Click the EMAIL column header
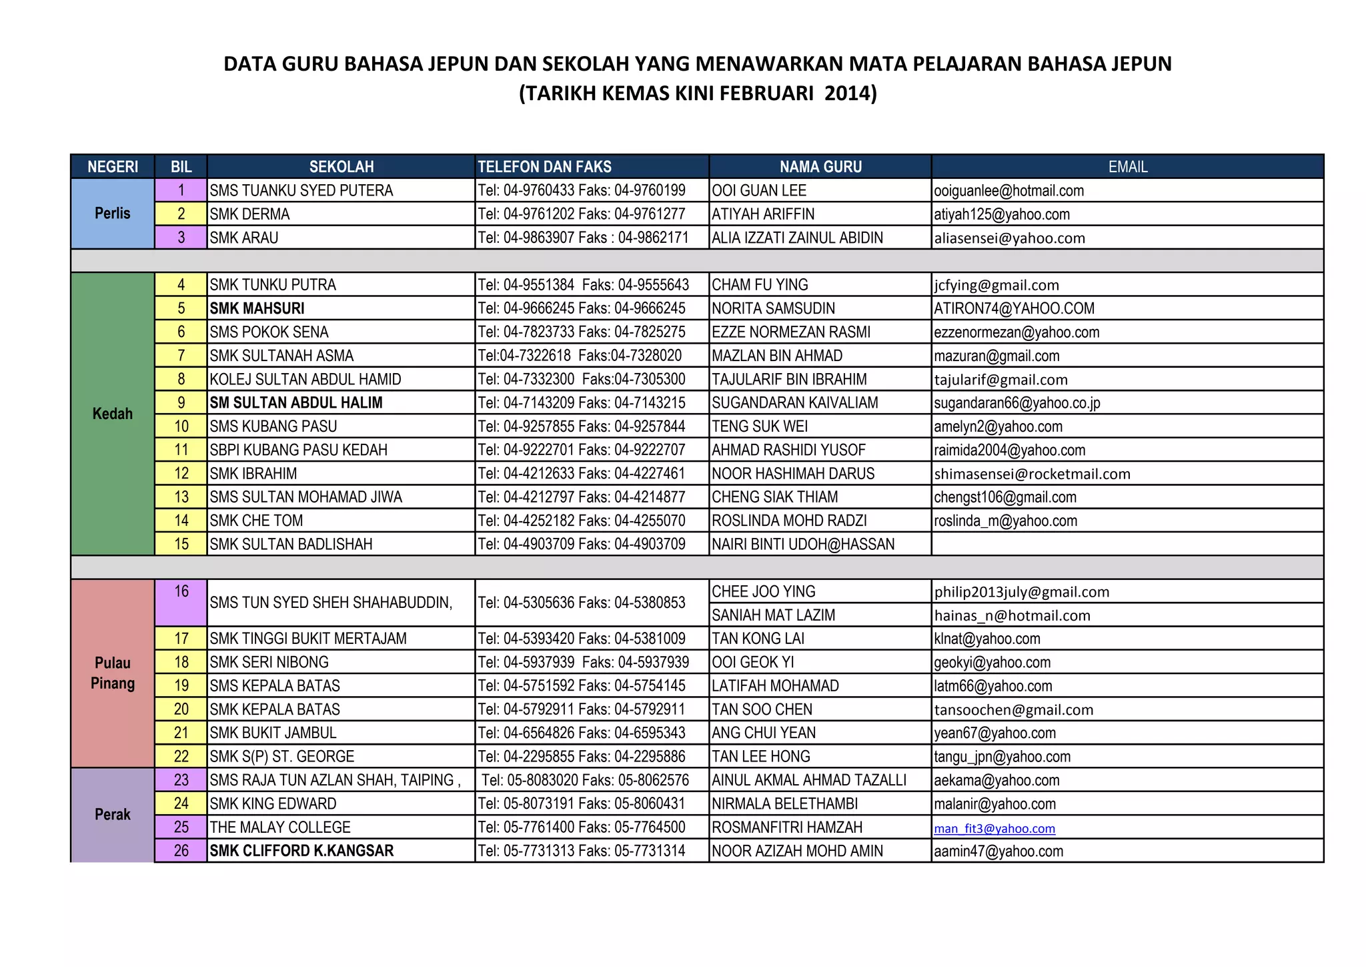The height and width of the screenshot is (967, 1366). (1127, 167)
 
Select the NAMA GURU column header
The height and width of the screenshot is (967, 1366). (820, 167)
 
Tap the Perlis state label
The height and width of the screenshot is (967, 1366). (113, 214)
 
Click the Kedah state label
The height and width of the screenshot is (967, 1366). (113, 414)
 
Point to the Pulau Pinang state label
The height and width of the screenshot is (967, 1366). (113, 673)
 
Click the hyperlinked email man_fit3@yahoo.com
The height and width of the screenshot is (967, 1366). (994, 828)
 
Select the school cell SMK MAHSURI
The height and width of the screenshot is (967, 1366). (257, 308)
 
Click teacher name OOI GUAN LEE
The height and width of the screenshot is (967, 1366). (759, 191)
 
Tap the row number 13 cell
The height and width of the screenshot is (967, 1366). (181, 497)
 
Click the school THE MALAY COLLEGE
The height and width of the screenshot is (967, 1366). (280, 828)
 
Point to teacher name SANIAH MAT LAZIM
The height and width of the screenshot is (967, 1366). (774, 615)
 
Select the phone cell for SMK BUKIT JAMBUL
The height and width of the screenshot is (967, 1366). (582, 733)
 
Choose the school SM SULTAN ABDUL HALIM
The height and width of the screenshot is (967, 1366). (296, 403)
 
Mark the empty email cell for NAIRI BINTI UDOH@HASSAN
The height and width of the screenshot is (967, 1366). (1127, 545)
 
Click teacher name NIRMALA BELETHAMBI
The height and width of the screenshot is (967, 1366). (785, 804)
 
